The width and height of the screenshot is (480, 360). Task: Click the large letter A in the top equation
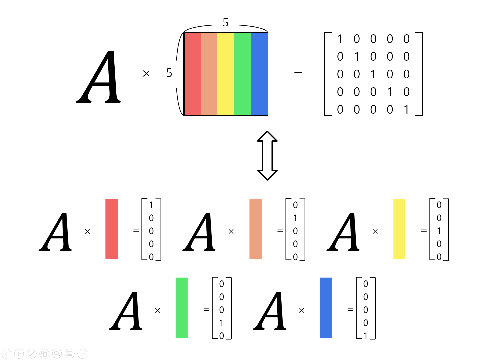click(99, 77)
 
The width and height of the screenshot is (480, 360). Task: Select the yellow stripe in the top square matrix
click(226, 74)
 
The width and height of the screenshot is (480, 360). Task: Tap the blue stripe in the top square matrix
click(259, 74)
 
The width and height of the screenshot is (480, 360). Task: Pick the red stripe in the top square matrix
click(193, 74)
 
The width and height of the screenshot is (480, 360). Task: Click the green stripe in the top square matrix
click(243, 74)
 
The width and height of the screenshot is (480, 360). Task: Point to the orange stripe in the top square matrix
click(209, 74)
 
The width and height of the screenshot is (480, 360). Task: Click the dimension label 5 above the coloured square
click(226, 23)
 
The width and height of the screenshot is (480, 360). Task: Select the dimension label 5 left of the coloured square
click(169, 73)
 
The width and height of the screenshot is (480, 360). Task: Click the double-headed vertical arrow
click(267, 155)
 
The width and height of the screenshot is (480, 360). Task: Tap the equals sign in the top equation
click(298, 74)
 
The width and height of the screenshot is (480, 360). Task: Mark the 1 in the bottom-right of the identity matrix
click(406, 110)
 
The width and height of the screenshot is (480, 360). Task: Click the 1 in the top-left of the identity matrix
click(340, 39)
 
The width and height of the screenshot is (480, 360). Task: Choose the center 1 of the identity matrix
click(373, 74)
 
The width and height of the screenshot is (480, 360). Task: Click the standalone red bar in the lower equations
click(111, 229)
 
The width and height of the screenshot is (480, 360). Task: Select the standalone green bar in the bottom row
click(182, 308)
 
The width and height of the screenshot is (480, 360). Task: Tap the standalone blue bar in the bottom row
click(326, 308)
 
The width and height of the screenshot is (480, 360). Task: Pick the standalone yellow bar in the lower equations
click(399, 229)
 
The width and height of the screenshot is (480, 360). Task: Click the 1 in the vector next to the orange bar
click(295, 218)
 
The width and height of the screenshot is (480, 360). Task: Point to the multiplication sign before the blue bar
click(302, 310)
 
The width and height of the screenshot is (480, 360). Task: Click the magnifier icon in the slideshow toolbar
click(57, 354)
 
